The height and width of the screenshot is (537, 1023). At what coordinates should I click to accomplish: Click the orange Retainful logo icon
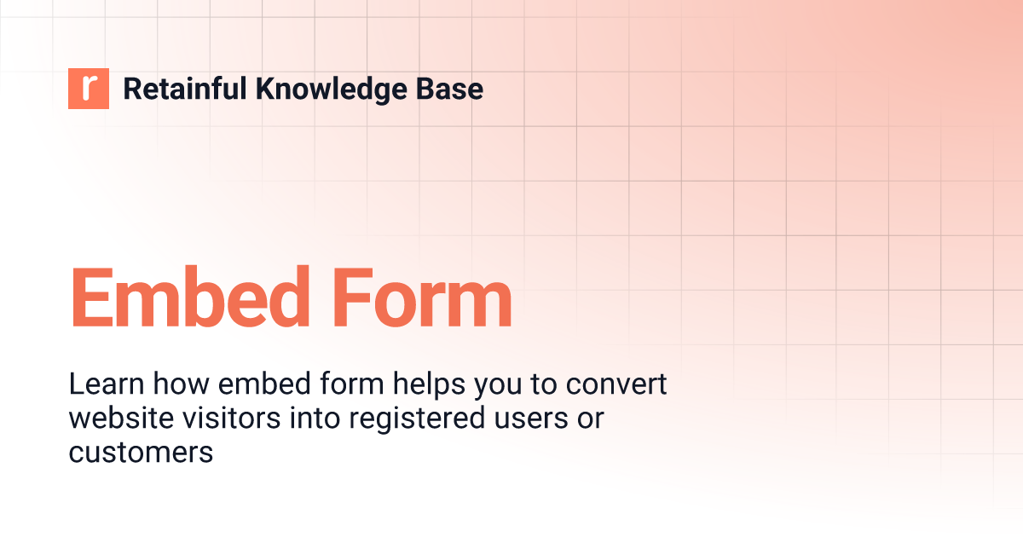[x=89, y=89]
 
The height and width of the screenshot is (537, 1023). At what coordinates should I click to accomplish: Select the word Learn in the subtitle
[x=98, y=385]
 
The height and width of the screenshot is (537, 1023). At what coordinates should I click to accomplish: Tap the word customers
[x=141, y=453]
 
